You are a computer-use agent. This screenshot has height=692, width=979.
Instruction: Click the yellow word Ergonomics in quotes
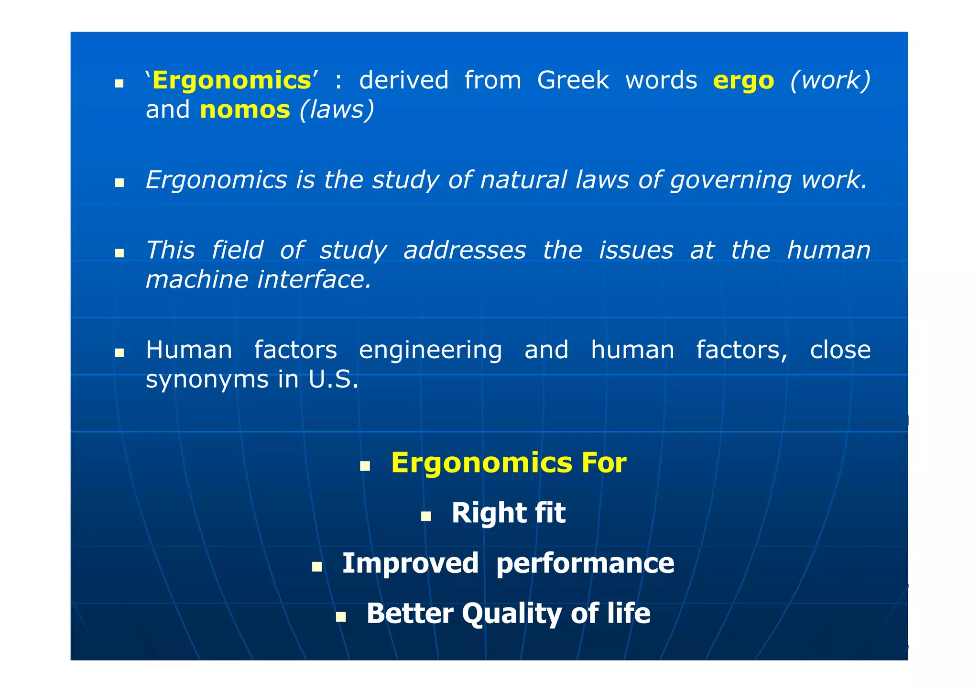point(232,80)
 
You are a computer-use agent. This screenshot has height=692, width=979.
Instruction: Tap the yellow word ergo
point(743,80)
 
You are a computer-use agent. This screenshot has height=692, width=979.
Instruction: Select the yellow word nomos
point(245,110)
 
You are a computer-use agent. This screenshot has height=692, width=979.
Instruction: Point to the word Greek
point(573,80)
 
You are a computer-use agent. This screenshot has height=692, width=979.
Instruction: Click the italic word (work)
point(830,80)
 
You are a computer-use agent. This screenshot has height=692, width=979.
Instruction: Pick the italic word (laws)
point(337,110)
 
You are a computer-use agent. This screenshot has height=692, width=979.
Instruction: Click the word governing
point(730,181)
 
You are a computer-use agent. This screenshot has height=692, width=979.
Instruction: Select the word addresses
point(465,250)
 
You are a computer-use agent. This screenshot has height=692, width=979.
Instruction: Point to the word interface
point(314,280)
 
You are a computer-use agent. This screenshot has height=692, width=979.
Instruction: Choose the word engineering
point(430,351)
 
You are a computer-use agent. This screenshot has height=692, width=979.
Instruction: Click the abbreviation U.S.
point(333,380)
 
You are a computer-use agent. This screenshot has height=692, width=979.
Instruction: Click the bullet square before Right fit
point(426,516)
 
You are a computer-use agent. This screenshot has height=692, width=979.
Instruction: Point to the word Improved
point(410,563)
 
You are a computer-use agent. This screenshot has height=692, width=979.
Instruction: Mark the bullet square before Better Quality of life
point(341,616)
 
